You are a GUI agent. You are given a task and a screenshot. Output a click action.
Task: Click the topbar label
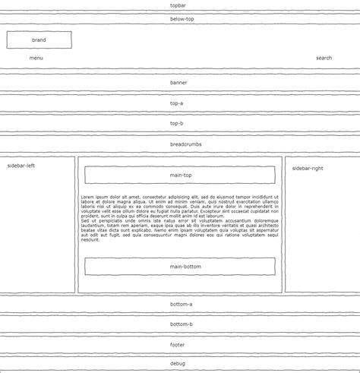[x=180, y=5]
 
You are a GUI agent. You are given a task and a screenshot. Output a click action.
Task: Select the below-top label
[x=182, y=19]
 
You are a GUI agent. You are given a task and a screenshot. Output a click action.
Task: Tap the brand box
[x=39, y=40]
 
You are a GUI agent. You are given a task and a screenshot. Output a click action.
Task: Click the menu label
[x=36, y=58]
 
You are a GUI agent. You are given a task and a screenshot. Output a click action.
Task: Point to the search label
[x=324, y=58]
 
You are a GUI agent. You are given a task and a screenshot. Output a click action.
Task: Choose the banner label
[x=178, y=82]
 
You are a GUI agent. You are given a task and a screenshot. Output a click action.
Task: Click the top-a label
[x=176, y=103]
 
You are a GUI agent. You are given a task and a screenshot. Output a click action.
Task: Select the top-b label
[x=176, y=123]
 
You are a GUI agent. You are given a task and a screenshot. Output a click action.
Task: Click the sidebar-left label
[x=21, y=165]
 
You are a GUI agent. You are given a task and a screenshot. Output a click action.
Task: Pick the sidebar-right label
[x=307, y=168]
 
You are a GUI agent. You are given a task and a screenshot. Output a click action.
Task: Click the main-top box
[x=180, y=175]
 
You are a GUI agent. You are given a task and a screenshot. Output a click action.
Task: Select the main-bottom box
[x=180, y=267]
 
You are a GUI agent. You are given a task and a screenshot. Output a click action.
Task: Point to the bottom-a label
[x=181, y=304]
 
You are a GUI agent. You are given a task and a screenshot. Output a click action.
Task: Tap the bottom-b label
[x=181, y=324]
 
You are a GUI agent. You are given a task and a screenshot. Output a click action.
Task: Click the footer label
[x=178, y=345]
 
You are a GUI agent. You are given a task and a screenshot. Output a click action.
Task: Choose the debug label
[x=177, y=363]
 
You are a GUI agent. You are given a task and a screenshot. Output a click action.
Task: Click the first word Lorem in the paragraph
[x=87, y=197]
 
